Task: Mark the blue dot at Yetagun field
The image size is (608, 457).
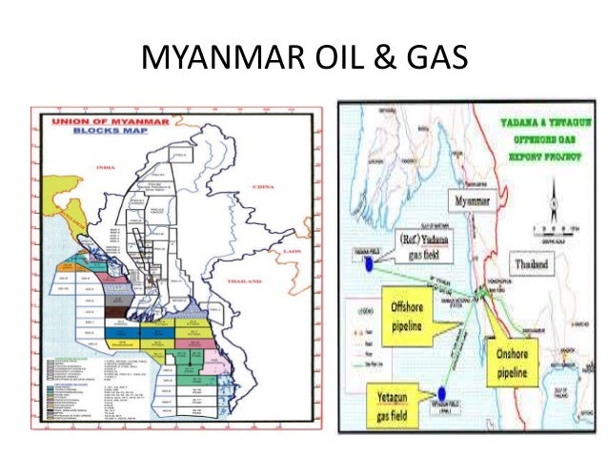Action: tap(443, 391)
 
